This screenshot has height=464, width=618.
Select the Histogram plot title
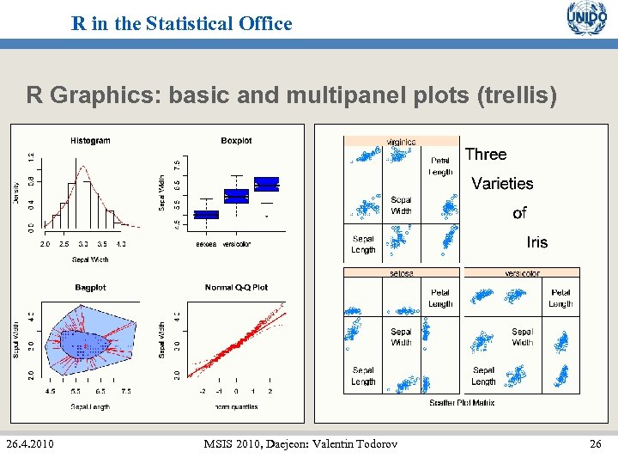(90, 141)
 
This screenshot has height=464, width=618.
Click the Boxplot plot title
(236, 141)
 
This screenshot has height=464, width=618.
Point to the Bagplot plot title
(90, 287)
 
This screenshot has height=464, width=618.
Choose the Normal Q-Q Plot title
(236, 287)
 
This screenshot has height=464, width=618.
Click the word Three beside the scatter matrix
(485, 155)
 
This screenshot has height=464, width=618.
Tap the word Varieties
(502, 184)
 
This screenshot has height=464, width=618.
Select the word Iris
(536, 242)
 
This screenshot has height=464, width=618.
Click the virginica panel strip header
(401, 142)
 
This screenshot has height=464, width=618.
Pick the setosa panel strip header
(401, 273)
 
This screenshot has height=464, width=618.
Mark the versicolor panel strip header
(522, 273)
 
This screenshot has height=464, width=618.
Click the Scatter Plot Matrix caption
(462, 403)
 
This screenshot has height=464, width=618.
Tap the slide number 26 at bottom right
(597, 443)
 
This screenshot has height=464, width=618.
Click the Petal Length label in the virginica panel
(440, 166)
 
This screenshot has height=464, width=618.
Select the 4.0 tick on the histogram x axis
(121, 244)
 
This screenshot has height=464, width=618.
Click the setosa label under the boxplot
(206, 244)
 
